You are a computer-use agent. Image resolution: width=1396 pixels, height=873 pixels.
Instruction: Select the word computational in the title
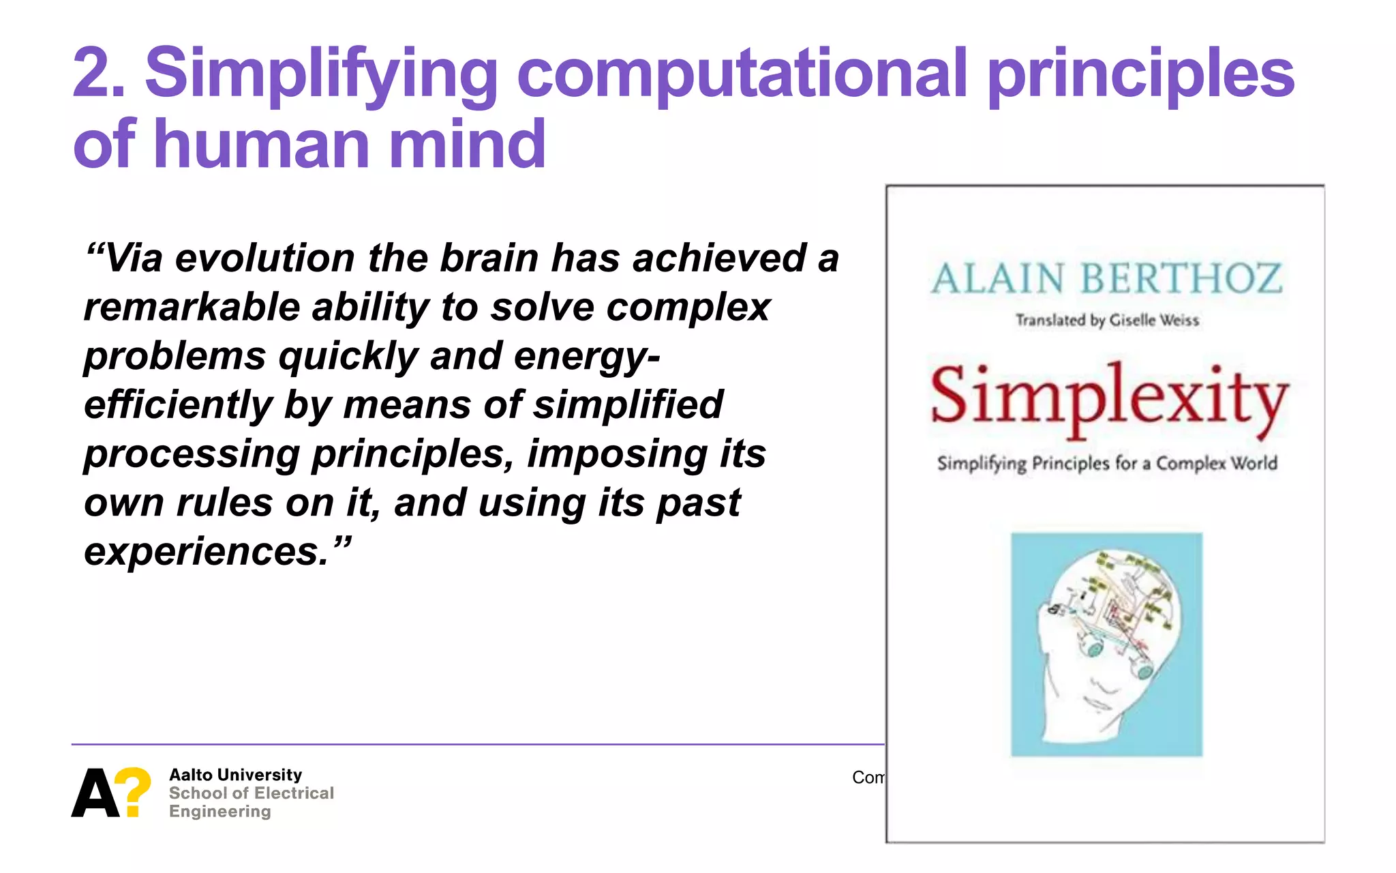click(x=742, y=74)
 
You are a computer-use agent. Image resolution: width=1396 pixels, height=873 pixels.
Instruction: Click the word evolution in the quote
click(x=265, y=258)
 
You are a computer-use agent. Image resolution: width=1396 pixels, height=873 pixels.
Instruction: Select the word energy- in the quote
click(x=586, y=357)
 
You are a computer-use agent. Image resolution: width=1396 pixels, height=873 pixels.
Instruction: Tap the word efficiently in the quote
click(x=178, y=406)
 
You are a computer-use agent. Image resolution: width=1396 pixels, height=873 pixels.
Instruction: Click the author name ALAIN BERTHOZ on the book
click(x=1106, y=279)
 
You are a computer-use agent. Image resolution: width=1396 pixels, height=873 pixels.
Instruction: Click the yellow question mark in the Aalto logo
click(x=134, y=791)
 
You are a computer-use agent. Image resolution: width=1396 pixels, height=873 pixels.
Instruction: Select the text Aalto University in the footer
click(x=235, y=775)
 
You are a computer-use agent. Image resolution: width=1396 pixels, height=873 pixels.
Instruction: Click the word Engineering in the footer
click(x=219, y=812)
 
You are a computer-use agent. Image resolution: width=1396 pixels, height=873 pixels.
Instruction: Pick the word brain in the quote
click(x=489, y=258)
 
